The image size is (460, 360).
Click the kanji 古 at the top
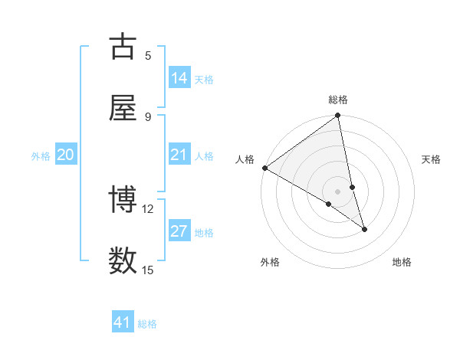(x=123, y=47)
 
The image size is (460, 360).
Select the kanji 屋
(x=123, y=108)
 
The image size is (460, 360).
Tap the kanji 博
(x=123, y=200)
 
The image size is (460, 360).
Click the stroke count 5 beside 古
(x=148, y=55)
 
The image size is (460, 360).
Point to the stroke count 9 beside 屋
(x=148, y=116)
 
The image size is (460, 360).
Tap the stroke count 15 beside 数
(x=148, y=270)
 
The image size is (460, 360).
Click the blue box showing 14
(x=179, y=78)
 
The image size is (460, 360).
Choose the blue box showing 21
(x=179, y=155)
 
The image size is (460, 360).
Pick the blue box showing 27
(x=179, y=231)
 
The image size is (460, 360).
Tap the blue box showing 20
(x=66, y=155)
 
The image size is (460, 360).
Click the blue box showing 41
(x=123, y=322)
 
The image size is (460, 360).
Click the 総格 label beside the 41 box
(x=147, y=324)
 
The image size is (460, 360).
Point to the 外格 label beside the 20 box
(x=41, y=156)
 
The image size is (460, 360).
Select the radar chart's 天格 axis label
(x=431, y=159)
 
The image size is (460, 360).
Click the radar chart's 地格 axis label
(x=402, y=262)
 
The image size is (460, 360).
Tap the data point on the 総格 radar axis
(x=338, y=116)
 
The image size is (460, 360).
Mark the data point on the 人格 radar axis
(x=264, y=168)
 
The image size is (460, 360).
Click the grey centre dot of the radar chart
(x=338, y=191)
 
